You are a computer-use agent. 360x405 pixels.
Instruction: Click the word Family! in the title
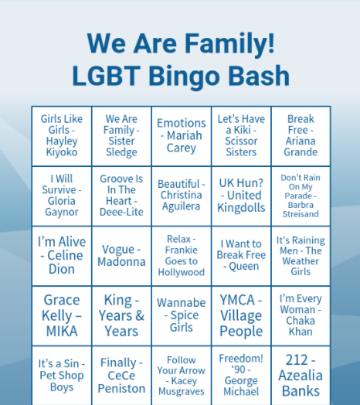[x=229, y=44]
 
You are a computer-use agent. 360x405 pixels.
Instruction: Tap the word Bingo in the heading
[x=184, y=77]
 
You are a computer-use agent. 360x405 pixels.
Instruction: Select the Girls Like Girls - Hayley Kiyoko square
[x=62, y=136]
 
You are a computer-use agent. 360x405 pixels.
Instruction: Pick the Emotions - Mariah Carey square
[x=182, y=136]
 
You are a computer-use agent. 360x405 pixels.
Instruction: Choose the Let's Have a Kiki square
[x=241, y=136]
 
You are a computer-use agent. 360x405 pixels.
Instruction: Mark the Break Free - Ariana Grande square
[x=301, y=136]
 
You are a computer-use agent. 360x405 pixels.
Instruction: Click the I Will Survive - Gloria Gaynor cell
[x=62, y=196]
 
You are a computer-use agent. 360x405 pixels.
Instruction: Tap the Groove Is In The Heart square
[x=121, y=196]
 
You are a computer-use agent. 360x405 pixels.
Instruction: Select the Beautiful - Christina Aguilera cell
[x=182, y=196]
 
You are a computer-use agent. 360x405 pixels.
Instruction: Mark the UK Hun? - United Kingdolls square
[x=241, y=196]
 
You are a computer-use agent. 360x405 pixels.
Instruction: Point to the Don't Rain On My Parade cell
[x=301, y=196]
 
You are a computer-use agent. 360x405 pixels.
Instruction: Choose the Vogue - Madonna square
[x=121, y=256]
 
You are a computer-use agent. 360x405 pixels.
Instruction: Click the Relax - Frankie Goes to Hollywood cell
[x=182, y=256]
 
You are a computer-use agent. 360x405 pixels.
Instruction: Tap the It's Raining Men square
[x=301, y=256]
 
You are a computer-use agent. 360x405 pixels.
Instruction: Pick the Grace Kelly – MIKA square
[x=62, y=315]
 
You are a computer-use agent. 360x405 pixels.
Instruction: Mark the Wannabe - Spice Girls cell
[x=182, y=315]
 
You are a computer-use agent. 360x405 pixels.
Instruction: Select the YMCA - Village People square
[x=241, y=315]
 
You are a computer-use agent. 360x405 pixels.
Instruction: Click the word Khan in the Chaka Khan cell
[x=301, y=332]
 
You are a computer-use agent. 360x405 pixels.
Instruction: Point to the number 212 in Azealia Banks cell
[x=297, y=360]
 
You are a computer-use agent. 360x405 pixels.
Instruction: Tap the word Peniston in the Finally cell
[x=121, y=389]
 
